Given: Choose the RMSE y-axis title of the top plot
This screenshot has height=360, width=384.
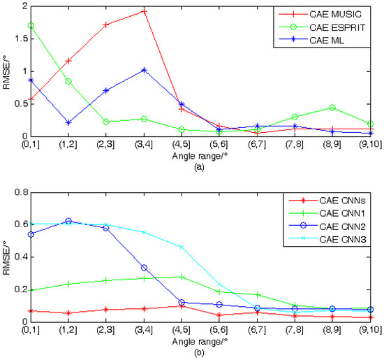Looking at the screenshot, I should click(6, 71).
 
